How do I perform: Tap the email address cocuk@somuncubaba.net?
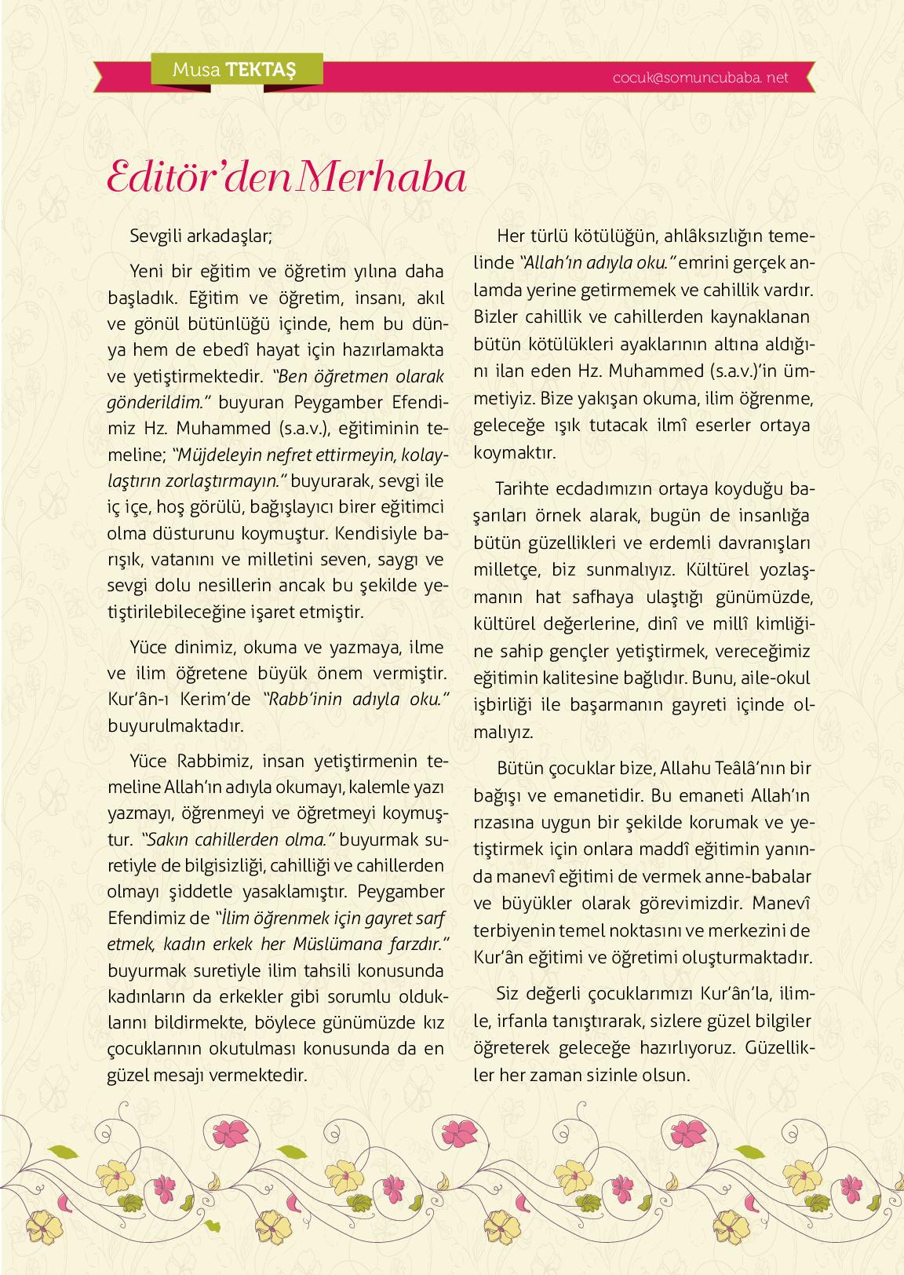pos(702,78)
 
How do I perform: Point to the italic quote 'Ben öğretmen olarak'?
pos(362,375)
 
